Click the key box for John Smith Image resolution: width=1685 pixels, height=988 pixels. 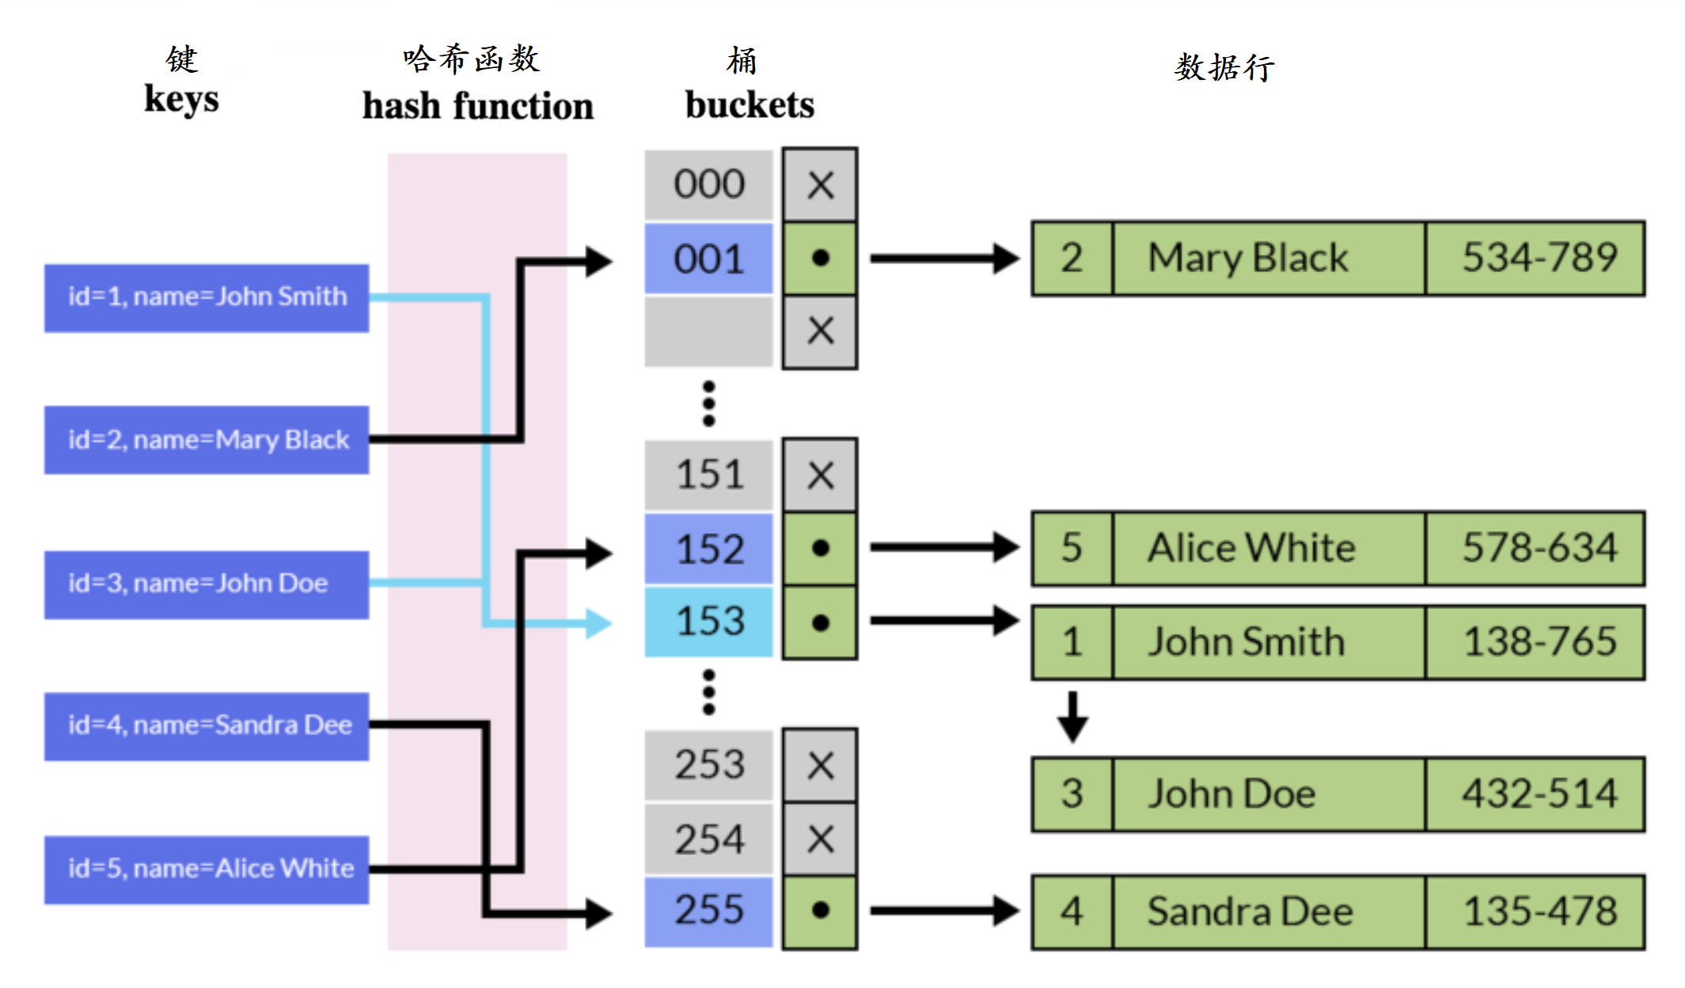point(207,297)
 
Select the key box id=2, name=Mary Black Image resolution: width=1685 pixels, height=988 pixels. point(207,440)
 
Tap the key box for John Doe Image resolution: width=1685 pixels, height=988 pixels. point(207,584)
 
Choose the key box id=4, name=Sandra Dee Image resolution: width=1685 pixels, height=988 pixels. point(207,725)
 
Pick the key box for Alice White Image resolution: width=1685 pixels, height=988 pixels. point(207,869)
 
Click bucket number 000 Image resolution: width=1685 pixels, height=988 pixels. point(708,184)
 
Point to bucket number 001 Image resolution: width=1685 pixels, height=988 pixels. point(708,259)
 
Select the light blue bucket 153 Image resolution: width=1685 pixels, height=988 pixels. point(708,622)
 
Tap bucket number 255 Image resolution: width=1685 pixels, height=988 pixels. point(708,910)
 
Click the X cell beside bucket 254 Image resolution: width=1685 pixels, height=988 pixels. point(821,839)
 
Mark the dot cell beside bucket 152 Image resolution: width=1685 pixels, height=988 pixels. point(821,548)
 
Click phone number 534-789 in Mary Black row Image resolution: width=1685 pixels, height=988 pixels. point(1538,258)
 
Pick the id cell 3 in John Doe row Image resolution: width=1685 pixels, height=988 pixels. point(1072,794)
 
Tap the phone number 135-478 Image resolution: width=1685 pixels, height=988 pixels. point(1538,911)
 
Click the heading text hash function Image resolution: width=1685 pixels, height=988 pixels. point(477,106)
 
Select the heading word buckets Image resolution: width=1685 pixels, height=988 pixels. point(749,105)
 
